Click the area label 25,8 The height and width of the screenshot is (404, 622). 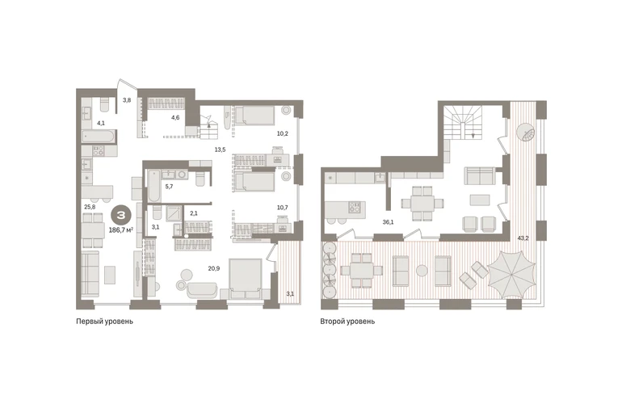89,206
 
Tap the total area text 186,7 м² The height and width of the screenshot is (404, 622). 120,229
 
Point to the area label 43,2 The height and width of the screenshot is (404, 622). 523,238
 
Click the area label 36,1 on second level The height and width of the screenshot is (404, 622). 388,222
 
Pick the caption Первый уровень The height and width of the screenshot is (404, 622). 105,322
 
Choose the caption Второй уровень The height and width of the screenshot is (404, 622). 347,322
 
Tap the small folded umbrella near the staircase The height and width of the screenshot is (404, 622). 525,132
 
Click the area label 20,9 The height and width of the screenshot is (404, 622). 214,268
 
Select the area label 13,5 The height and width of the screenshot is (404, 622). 220,149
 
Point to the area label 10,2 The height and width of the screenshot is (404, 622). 283,134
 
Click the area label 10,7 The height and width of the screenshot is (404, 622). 283,208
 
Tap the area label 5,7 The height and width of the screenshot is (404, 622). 169,186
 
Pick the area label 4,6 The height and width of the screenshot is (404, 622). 175,117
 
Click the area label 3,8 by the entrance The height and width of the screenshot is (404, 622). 127,100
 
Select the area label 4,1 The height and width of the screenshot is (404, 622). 101,123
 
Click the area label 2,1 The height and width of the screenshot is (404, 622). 194,213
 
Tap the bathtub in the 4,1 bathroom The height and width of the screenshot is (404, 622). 99,137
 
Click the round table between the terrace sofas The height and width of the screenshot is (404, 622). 422,271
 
